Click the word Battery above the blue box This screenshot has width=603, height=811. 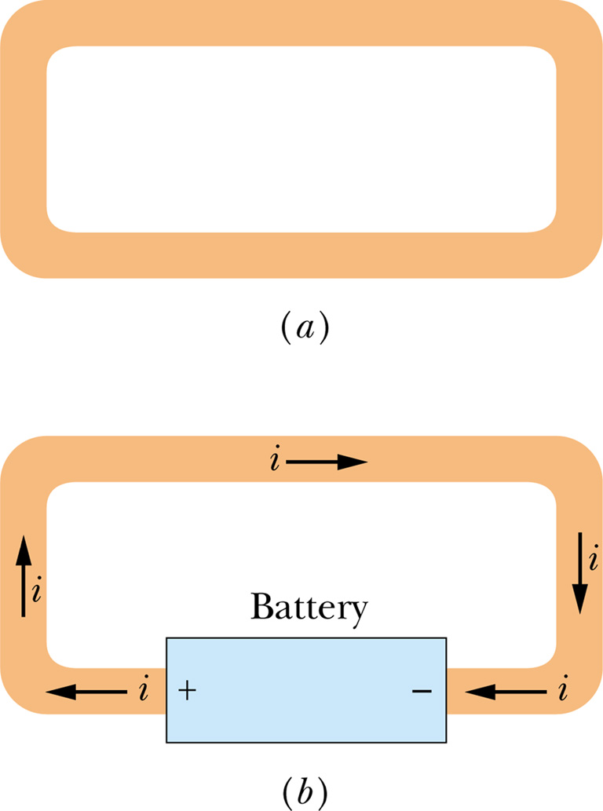[x=308, y=608]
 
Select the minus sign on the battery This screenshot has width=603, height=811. [x=422, y=691]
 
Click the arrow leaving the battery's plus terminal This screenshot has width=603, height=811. [x=86, y=692]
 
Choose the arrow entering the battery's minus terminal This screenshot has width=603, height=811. [x=506, y=692]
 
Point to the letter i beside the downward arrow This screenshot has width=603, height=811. [x=594, y=559]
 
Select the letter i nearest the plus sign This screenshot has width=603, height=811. [x=143, y=691]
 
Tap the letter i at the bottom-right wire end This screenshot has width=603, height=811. [x=562, y=691]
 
